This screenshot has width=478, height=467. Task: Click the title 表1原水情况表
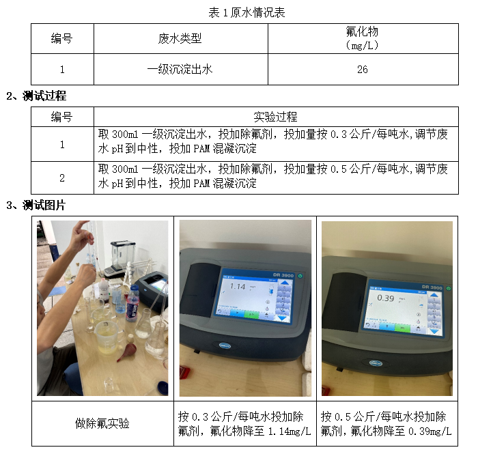pyautogui.click(x=247, y=13)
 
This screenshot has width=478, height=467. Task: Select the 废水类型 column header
pyautogui.click(x=180, y=39)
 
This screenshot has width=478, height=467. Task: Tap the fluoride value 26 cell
pyautogui.click(x=363, y=70)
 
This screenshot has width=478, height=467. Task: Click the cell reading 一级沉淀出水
pyautogui.click(x=180, y=70)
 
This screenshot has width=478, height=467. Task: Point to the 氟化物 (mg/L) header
pyautogui.click(x=362, y=38)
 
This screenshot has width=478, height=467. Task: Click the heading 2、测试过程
pyautogui.click(x=36, y=96)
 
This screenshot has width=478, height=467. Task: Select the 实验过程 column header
pyautogui.click(x=276, y=117)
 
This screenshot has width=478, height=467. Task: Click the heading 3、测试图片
pyautogui.click(x=36, y=205)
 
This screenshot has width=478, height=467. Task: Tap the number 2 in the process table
pyautogui.click(x=62, y=178)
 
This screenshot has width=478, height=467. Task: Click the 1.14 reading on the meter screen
pyautogui.click(x=238, y=286)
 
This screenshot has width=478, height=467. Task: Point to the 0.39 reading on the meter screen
pyautogui.click(x=386, y=298)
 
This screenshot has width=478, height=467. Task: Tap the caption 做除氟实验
pyautogui.click(x=102, y=424)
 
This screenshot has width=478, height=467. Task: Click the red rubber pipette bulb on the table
pyautogui.click(x=126, y=352)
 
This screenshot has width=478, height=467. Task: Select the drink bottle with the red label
pyautogui.click(x=132, y=303)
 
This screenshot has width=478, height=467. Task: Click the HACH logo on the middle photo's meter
pyautogui.click(x=225, y=345)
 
